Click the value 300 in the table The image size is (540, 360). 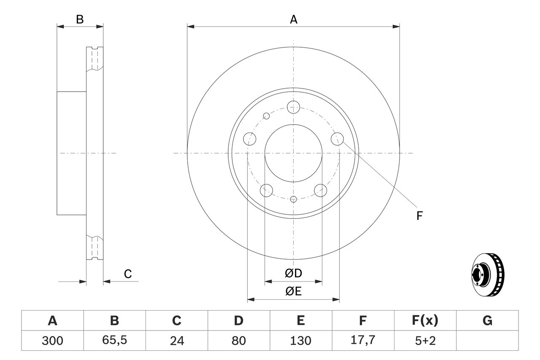point(52,341)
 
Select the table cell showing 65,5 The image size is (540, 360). point(114,341)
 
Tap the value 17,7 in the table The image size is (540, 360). point(362,341)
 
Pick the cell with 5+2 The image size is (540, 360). point(425,341)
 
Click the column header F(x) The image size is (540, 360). point(425,321)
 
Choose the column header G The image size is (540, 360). point(487,321)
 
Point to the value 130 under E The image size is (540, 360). point(300,341)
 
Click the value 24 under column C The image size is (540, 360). point(176,341)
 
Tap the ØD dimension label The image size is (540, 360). point(294,273)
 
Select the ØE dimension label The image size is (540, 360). point(294,292)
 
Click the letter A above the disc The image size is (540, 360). point(294,19)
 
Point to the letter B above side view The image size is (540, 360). point(80,19)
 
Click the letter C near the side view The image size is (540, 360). point(128,274)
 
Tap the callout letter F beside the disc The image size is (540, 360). point(419,216)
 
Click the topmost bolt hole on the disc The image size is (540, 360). point(293,107)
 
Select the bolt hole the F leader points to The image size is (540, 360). point(337,138)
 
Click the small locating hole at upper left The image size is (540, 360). point(266,116)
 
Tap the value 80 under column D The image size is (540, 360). point(238,341)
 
